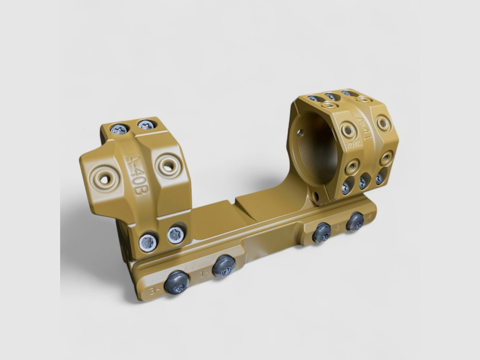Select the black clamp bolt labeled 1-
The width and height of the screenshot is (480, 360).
pos(223,266)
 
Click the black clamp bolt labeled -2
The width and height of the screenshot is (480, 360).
pos(322,232)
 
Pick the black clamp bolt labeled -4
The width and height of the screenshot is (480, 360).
pos(355,221)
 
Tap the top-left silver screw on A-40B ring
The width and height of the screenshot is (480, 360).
pos(119,129)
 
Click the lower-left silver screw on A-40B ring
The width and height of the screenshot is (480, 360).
pos(148,241)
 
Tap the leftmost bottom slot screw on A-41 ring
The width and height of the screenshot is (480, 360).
pos(346,187)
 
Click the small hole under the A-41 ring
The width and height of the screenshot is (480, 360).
pos(317,197)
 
